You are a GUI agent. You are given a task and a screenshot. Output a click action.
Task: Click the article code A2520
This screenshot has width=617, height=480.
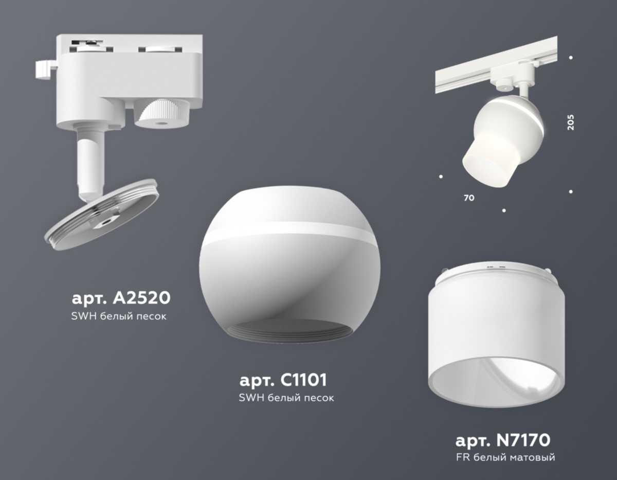tap(121, 298)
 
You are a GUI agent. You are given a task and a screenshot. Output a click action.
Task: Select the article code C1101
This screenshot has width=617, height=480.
tap(283, 381)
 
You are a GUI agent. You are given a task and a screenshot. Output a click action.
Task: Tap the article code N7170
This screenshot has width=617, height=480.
tap(503, 440)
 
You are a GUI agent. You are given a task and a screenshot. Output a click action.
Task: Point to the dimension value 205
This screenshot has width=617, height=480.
tap(571, 121)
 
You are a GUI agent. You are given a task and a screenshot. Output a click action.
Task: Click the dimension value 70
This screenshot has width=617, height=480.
tap(468, 198)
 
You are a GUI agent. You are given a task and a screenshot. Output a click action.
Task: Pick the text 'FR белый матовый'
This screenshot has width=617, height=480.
tap(505, 457)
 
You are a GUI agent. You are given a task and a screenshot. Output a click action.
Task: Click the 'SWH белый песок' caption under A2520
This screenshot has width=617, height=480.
tap(119, 316)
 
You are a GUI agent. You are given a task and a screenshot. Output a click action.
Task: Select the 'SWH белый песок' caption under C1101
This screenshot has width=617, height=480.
tap(286, 398)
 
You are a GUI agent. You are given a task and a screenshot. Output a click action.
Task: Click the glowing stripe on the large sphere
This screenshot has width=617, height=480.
tap(288, 234)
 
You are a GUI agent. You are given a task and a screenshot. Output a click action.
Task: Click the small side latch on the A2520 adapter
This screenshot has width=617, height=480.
tap(44, 69)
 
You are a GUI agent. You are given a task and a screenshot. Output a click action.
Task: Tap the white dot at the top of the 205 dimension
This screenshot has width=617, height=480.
tap(571, 58)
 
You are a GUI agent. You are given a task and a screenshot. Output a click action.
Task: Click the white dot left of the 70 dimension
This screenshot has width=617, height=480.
tap(441, 177)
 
